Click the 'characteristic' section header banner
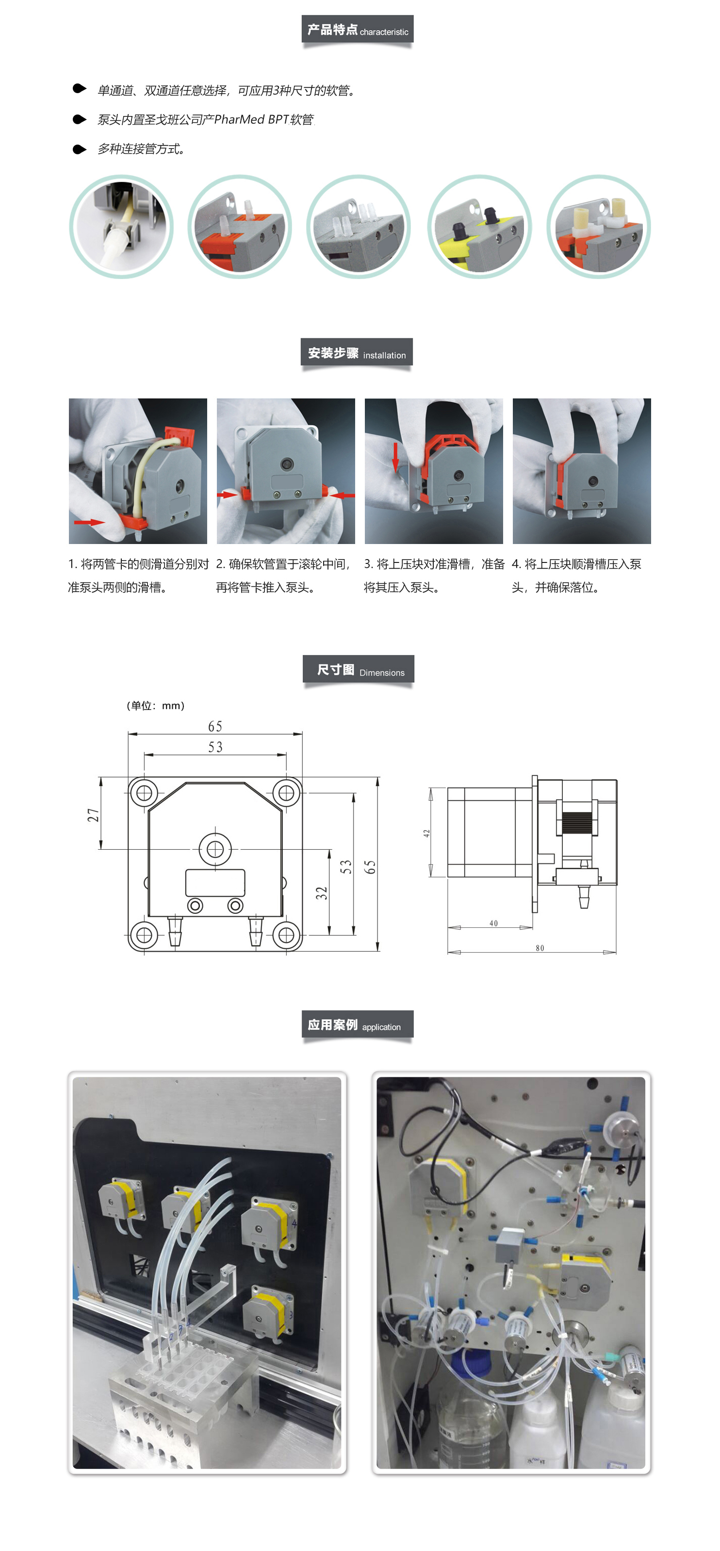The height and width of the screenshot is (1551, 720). coord(357,30)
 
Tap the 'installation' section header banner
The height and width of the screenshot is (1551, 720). coord(357,353)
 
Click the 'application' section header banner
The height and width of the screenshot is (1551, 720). coord(357,1025)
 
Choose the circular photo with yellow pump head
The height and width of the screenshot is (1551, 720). coord(479,227)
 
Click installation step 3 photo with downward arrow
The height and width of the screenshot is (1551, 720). coord(433,471)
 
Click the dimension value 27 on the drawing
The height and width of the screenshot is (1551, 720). coord(93,815)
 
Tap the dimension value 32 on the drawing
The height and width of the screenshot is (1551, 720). coord(322,893)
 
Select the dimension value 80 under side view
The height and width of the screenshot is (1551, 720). coord(540,948)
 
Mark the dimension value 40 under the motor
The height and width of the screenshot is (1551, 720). coord(493,924)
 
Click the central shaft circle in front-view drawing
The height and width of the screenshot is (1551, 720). coord(215,849)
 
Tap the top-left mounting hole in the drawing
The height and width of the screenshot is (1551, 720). coord(144,793)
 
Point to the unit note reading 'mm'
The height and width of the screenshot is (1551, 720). coord(172,706)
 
